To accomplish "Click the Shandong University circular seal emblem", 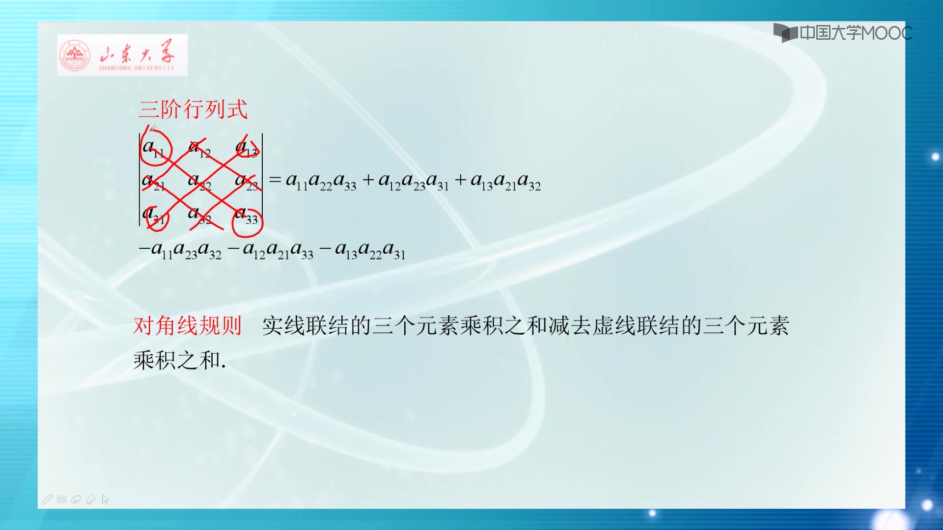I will click(75, 55).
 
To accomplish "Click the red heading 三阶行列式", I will click(193, 109).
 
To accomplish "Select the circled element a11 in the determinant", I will click(153, 148).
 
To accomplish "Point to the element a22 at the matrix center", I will click(199, 182).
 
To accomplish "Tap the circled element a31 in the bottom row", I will click(154, 216).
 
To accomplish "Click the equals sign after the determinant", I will click(275, 180).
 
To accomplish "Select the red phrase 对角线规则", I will click(187, 326).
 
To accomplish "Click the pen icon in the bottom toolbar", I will click(47, 500).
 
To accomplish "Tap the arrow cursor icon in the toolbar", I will click(105, 500).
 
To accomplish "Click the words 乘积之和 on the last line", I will click(177, 361).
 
